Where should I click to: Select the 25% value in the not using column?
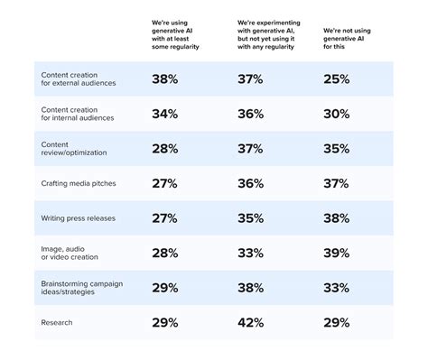point(335,80)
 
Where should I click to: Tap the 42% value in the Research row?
point(250,322)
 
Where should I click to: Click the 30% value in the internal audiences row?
point(335,115)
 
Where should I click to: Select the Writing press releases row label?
point(79,218)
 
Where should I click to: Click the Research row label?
point(57,321)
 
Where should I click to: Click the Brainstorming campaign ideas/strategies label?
point(81,287)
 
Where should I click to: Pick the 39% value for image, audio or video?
point(335,254)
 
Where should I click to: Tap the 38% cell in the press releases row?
point(335,218)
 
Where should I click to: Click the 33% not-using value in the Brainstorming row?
point(335,288)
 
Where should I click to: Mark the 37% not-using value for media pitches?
point(335,184)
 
